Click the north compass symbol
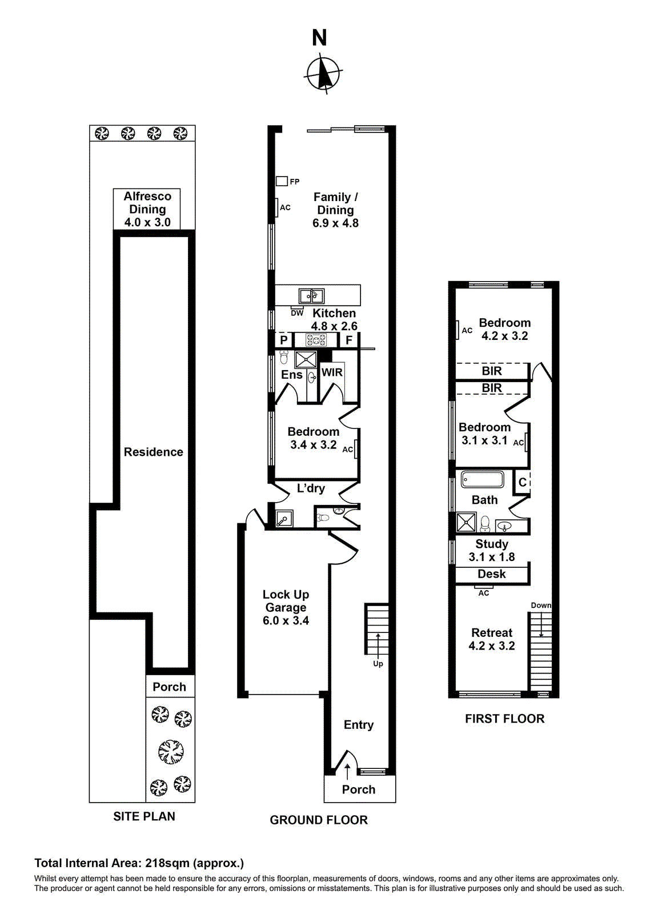click(324, 73)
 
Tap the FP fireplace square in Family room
click(282, 181)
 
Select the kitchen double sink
click(311, 296)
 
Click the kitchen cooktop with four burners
click(316, 340)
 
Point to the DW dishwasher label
click(297, 313)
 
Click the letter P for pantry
click(283, 340)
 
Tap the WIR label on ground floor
click(332, 372)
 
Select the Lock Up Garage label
click(286, 607)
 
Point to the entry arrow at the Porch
click(347, 771)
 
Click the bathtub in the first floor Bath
click(482, 479)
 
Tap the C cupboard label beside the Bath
click(522, 483)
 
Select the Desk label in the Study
click(491, 574)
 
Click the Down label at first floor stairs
click(540, 606)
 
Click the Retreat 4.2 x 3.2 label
click(492, 639)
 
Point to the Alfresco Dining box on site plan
click(147, 209)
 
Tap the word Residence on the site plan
click(153, 452)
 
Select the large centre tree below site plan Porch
click(171, 751)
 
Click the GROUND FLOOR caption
click(319, 820)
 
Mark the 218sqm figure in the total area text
click(167, 863)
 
